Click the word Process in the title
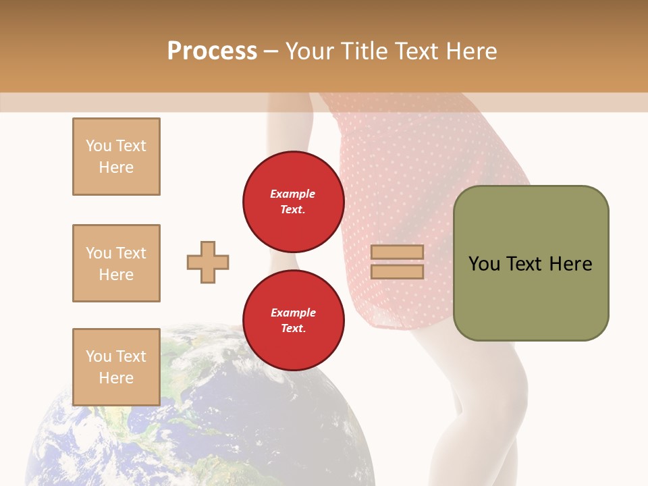pyautogui.click(x=212, y=51)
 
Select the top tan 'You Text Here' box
pyautogui.click(x=116, y=157)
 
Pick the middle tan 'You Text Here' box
pyautogui.click(x=116, y=263)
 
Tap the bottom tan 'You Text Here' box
pyautogui.click(x=116, y=367)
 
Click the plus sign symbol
pyautogui.click(x=208, y=262)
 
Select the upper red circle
pyautogui.click(x=293, y=201)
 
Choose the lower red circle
pyautogui.click(x=293, y=320)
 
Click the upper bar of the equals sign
pyautogui.click(x=397, y=252)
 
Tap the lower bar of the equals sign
pyautogui.click(x=397, y=271)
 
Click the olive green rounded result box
pyautogui.click(x=531, y=297)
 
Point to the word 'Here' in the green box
pyautogui.click(x=570, y=264)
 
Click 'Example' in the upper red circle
pyautogui.click(x=293, y=194)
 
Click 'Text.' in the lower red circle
pyautogui.click(x=293, y=329)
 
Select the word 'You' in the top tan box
pyautogui.click(x=99, y=146)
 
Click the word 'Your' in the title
pyautogui.click(x=311, y=51)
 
